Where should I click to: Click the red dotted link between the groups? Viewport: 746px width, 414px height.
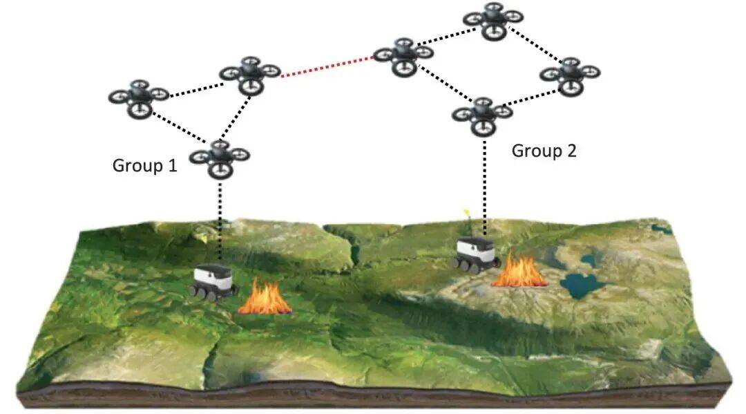point(327,65)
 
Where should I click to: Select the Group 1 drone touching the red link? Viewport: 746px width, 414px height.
point(249,73)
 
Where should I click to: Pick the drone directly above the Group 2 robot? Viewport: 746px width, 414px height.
point(483,113)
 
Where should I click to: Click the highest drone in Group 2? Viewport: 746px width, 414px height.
point(493,19)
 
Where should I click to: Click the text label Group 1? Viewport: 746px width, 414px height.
point(144,166)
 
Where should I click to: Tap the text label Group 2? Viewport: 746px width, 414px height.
point(544,151)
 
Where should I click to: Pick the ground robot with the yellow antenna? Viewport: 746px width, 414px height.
point(477,253)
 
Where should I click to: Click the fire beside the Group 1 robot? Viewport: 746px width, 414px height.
point(265,299)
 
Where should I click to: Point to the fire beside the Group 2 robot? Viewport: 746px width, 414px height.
point(519,270)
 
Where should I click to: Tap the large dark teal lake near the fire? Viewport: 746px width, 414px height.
point(581,283)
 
